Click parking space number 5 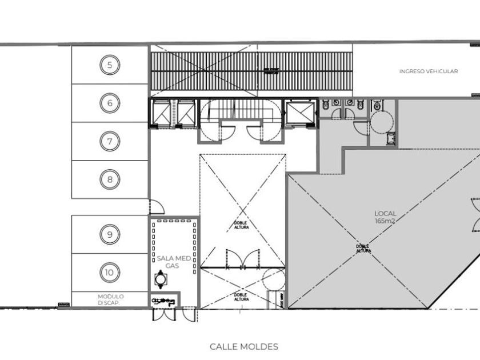110,65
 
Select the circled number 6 110,103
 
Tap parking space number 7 110,141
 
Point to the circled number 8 110,180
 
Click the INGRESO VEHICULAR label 429,71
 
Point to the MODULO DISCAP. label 110,299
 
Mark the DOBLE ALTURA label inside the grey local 364,249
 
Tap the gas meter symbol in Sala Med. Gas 161,279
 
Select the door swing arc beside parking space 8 155,206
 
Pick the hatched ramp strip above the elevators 251,71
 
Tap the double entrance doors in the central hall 242,260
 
